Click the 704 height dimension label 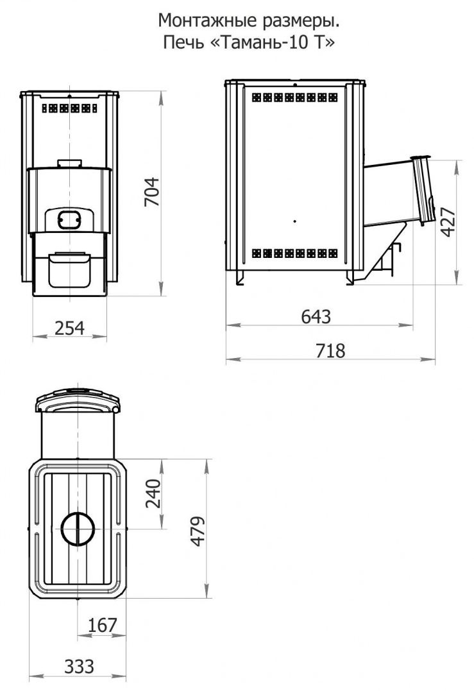coord(151,192)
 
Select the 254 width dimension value coord(70,328)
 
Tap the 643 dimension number coord(316,316)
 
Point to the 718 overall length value coord(330,351)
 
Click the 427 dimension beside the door coord(448,222)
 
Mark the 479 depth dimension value coord(198,531)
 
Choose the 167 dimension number coord(102,625)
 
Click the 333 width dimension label coord(80,667)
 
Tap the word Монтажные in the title coord(202,21)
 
